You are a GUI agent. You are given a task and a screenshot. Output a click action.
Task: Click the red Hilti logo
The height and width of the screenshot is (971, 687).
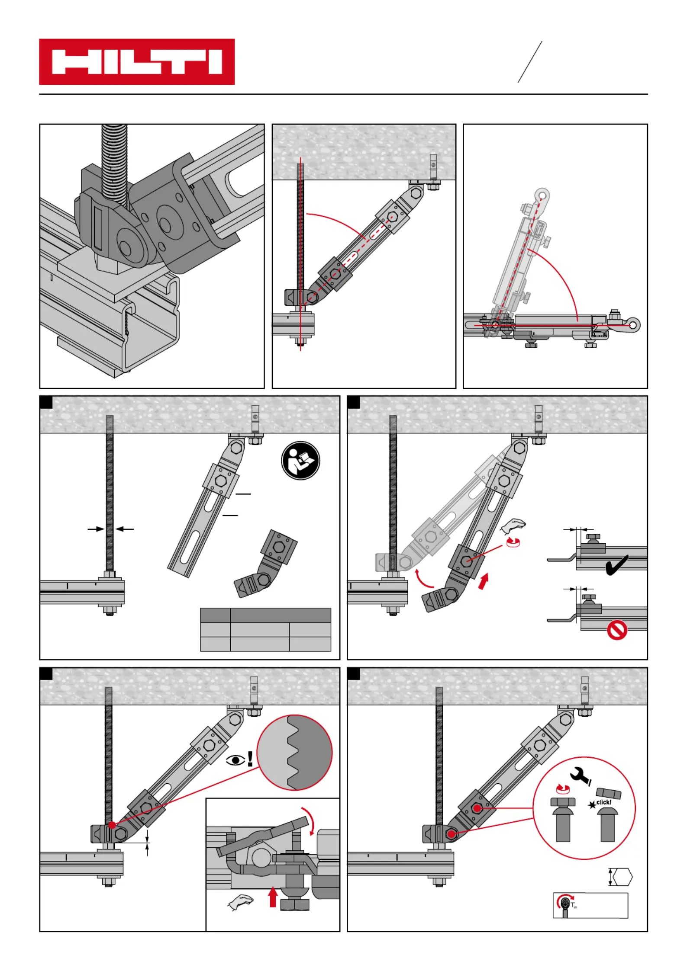coord(137,62)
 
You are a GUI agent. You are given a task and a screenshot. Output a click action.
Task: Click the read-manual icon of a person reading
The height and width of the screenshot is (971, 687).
coord(300,461)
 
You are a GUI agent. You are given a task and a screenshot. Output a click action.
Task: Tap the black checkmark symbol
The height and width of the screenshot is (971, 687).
coord(616,565)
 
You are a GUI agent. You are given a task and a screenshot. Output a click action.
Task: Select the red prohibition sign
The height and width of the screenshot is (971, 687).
coord(617,630)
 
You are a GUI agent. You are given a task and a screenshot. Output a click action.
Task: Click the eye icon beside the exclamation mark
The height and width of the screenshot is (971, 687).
coord(235,760)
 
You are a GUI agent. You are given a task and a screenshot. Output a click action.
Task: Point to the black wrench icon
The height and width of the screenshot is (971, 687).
coord(581,775)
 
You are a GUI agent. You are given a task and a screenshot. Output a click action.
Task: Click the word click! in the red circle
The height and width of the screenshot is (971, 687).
coord(603,802)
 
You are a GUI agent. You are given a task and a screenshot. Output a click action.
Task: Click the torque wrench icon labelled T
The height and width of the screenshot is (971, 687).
coord(565,904)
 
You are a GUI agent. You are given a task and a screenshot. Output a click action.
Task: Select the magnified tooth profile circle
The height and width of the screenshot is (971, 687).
coord(294,753)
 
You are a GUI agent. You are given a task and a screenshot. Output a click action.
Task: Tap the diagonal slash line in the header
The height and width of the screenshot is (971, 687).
coord(530,62)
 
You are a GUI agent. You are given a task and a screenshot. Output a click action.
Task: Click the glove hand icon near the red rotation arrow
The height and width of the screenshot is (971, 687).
coord(513,526)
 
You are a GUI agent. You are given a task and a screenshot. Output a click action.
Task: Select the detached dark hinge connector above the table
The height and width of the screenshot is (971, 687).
coord(266,564)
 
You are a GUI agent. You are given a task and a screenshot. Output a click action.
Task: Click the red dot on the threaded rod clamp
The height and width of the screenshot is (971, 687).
coord(112,825)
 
